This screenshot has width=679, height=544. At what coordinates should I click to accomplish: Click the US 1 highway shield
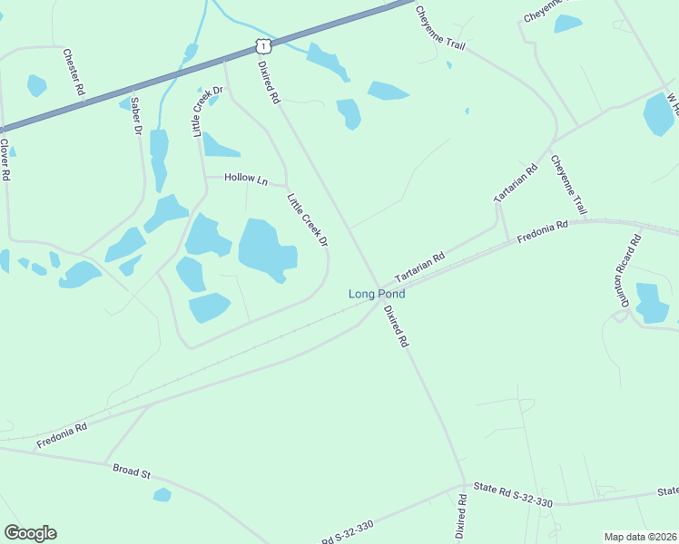261,45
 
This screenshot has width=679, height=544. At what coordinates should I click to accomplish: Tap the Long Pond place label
378,294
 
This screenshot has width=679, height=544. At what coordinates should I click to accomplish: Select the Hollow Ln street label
247,180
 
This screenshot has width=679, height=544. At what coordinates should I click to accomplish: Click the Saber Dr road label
136,116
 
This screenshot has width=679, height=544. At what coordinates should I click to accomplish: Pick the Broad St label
132,471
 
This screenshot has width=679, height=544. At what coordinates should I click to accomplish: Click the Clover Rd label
5,160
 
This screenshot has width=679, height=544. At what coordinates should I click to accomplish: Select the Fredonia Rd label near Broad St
62,436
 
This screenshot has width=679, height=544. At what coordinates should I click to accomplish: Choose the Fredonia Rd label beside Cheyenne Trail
542,231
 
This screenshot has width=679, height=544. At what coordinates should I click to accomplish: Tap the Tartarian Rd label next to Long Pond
419,267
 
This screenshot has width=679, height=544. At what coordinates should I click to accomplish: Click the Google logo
30,533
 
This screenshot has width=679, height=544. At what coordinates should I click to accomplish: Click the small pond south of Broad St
162,494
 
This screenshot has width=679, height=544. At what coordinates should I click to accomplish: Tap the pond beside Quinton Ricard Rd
652,303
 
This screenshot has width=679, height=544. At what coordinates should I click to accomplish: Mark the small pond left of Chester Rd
36,85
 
